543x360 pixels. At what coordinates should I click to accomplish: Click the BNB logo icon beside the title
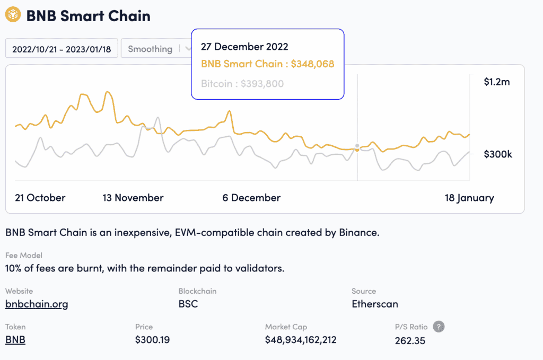point(13,15)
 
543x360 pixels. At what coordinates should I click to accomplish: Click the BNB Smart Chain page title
point(88,16)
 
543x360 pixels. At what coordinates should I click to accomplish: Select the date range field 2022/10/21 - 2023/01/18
point(62,49)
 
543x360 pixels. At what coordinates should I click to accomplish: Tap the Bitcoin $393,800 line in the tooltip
point(242,83)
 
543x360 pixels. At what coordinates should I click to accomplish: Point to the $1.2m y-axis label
point(496,82)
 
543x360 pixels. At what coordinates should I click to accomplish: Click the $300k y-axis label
point(497,154)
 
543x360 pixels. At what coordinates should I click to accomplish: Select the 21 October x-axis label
point(40,198)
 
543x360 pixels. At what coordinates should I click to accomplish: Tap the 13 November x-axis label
point(133,198)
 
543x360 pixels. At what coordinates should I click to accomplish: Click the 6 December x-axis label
point(251,198)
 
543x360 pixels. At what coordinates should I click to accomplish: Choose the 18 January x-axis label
point(469,198)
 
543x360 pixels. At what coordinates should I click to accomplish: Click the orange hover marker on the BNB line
point(357,150)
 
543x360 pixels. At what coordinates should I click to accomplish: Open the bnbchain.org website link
point(37,304)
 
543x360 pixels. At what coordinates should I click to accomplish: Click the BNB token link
point(15,340)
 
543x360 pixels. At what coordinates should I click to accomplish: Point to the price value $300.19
point(153,340)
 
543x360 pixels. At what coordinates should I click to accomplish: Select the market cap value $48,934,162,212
point(301,340)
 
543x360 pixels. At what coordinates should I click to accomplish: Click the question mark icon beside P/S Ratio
point(439,327)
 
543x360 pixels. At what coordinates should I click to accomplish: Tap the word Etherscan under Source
point(375,304)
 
